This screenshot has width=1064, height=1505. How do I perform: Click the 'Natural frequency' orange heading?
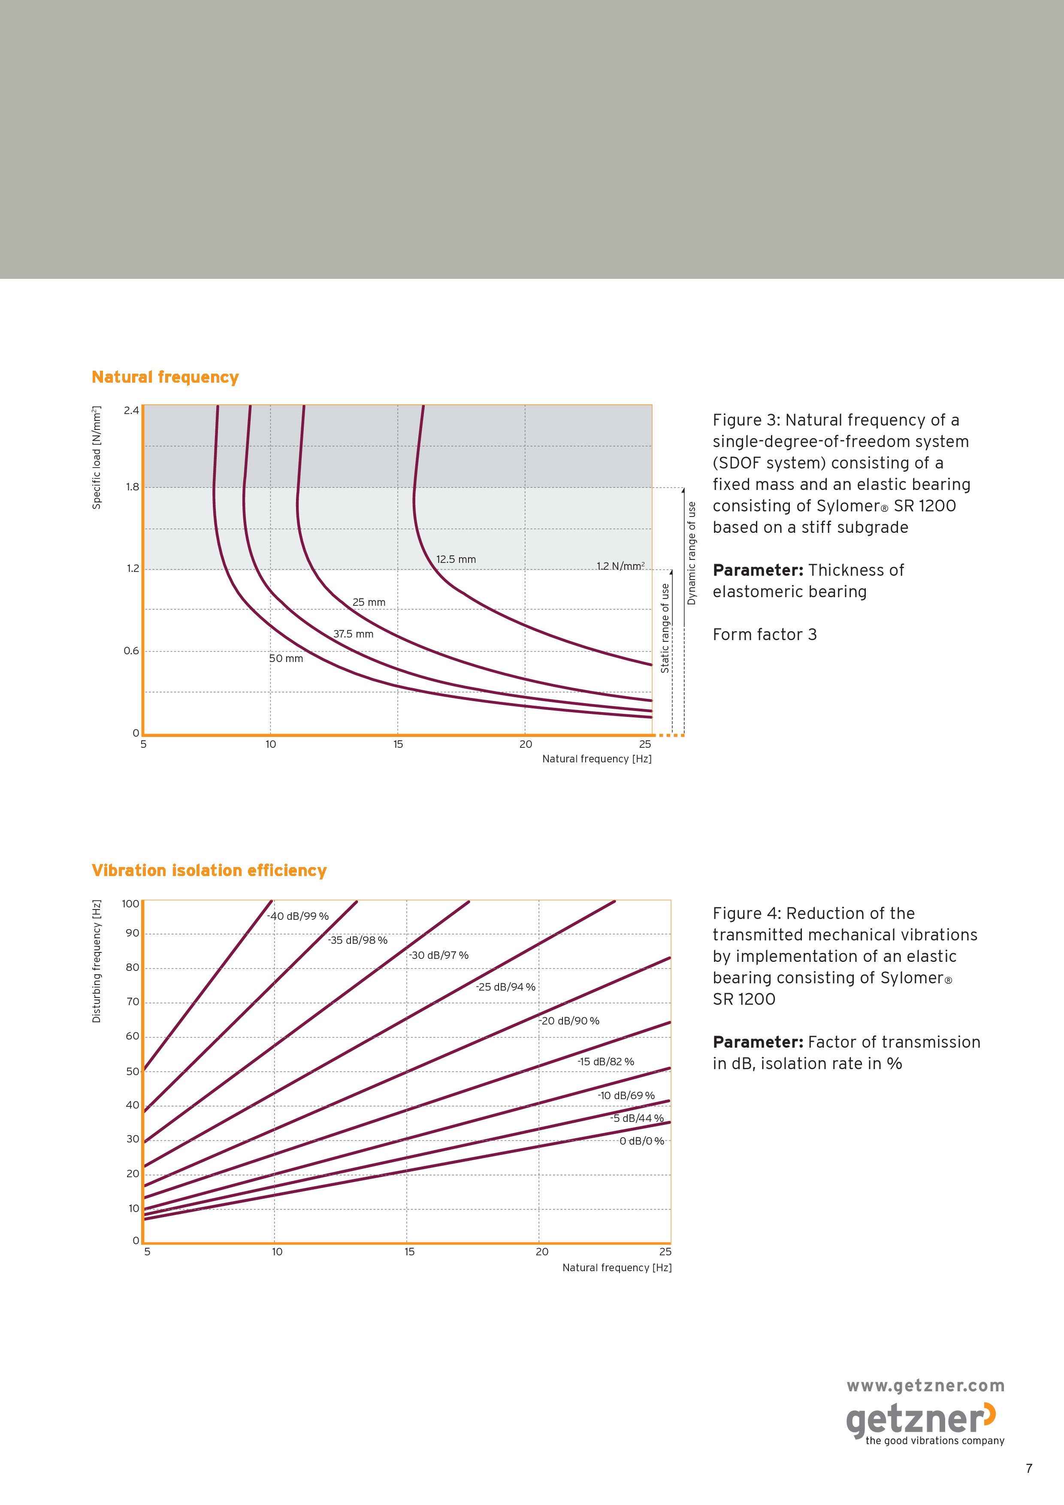click(165, 378)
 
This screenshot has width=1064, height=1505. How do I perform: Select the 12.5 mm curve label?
click(456, 559)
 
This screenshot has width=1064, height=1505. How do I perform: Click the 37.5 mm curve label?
click(354, 634)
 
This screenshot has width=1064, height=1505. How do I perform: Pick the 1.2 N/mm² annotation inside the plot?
click(620, 566)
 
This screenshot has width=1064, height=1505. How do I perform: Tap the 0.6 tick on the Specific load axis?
click(131, 651)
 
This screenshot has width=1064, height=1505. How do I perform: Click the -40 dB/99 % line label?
click(298, 916)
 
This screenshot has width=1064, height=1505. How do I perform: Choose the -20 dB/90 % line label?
click(569, 1021)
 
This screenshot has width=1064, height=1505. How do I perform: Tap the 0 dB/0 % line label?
click(642, 1141)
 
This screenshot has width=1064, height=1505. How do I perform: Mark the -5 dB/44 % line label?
click(637, 1118)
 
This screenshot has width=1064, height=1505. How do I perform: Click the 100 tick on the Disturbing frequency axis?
click(130, 904)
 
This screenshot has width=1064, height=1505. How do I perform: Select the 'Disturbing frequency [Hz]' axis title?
click(97, 961)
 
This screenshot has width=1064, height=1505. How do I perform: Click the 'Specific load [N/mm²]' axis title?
click(97, 457)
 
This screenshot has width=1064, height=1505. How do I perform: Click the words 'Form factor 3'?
click(765, 635)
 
